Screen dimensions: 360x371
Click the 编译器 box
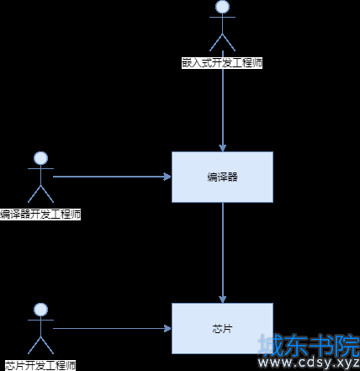[222, 177]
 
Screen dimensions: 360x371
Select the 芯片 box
[222, 328]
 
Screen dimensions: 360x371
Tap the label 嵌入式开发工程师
[222, 63]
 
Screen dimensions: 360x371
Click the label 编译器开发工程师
[40, 215]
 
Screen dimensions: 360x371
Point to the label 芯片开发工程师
[40, 366]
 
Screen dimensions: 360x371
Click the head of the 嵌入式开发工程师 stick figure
[222, 6]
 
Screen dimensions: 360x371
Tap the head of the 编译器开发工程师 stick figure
[40, 158]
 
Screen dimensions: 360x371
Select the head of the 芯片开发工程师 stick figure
[40, 310]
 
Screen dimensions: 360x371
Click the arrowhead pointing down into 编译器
[223, 148]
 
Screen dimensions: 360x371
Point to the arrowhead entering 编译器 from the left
[167, 177]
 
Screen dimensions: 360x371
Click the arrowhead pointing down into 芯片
[223, 299]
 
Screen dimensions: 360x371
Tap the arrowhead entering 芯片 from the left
[167, 328]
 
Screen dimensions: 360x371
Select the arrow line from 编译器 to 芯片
[223, 252]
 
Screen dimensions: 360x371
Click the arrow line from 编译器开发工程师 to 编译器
[112, 177]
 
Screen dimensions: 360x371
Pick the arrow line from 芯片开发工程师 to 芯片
[112, 328]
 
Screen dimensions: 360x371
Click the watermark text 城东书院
[309, 346]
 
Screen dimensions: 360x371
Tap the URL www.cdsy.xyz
[309, 363]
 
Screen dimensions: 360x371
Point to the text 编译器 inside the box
[222, 178]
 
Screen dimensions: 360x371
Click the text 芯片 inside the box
[222, 329]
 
